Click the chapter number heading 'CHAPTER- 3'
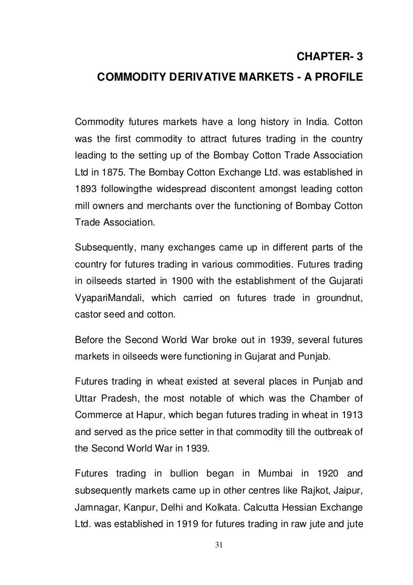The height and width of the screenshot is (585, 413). click(x=328, y=57)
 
